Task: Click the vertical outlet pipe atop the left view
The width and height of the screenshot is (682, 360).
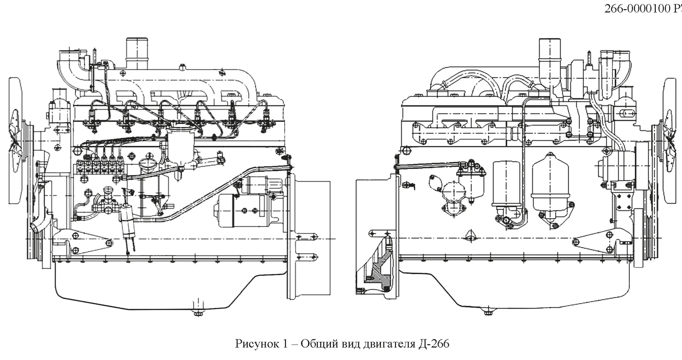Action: pos(137,54)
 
